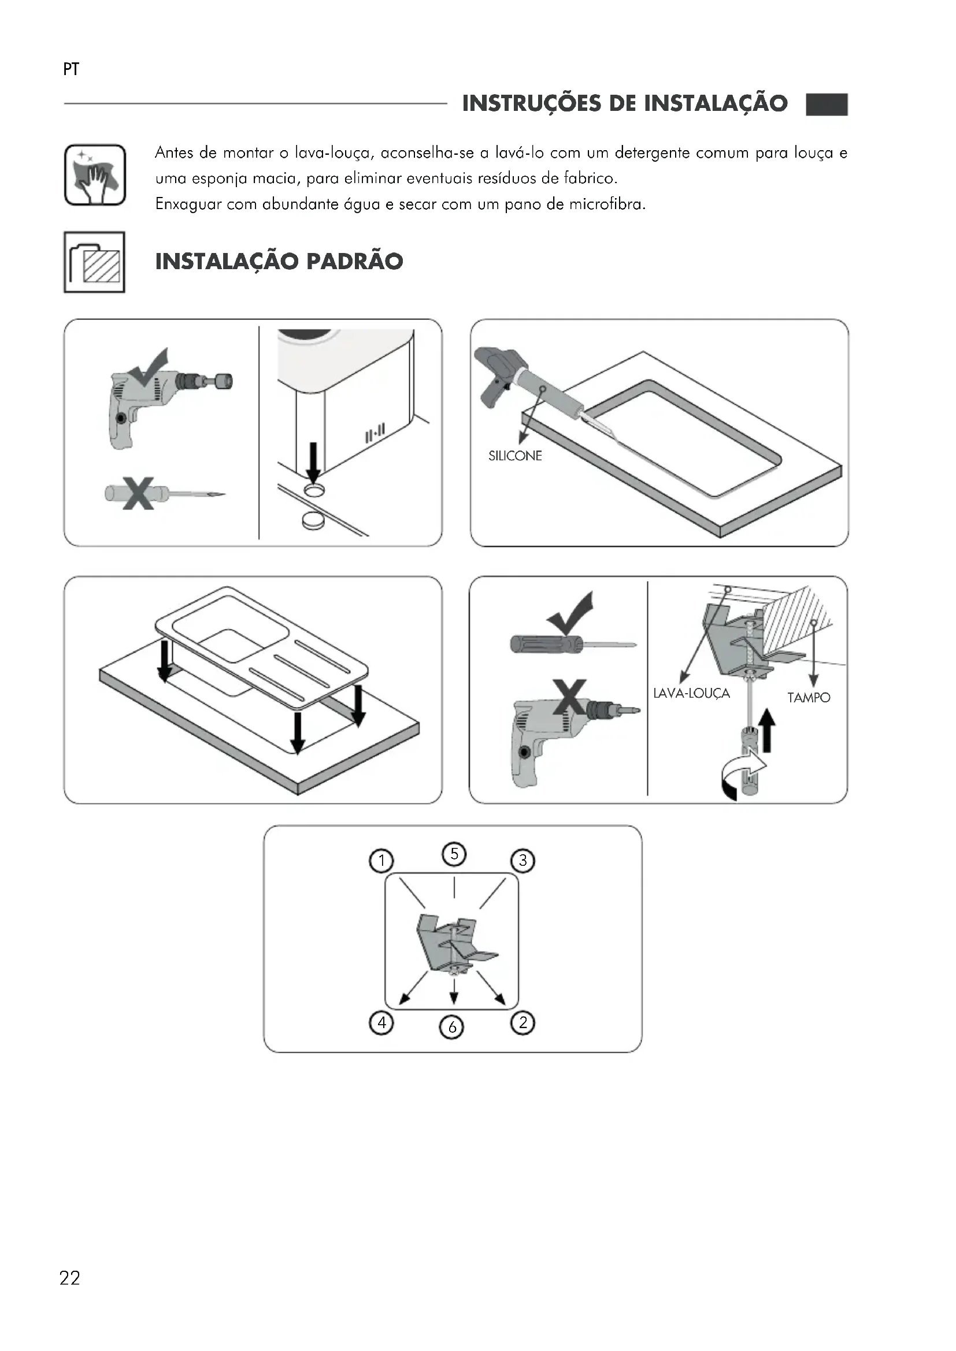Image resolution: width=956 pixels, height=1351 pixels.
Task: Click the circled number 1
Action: click(x=381, y=861)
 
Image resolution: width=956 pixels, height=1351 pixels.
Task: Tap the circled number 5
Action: click(x=454, y=854)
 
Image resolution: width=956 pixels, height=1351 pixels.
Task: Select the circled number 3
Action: click(x=522, y=861)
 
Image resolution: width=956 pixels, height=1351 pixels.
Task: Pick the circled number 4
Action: click(x=381, y=1023)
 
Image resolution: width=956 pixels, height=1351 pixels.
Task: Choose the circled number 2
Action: click(x=522, y=1023)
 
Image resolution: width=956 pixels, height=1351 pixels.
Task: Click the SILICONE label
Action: click(x=515, y=456)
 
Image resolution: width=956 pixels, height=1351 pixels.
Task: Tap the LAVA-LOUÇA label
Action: click(x=691, y=693)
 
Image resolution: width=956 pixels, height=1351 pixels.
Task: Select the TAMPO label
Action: click(x=809, y=698)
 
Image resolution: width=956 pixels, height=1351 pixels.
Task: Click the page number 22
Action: click(x=69, y=1278)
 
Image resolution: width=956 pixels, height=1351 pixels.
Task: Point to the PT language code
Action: click(x=71, y=69)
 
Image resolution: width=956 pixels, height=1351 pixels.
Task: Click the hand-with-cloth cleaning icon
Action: click(x=95, y=175)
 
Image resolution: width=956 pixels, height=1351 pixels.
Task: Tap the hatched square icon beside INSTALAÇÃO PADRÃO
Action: click(x=94, y=262)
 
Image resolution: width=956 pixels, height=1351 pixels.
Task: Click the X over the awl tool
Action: click(x=138, y=493)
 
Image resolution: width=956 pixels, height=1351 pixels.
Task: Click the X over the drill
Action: click(x=569, y=697)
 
